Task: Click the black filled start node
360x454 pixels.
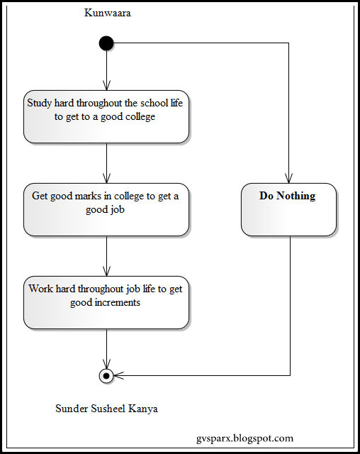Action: [106, 43]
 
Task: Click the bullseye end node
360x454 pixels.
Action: [106, 376]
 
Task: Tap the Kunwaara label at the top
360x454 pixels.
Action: [107, 13]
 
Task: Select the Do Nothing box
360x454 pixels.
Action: [288, 209]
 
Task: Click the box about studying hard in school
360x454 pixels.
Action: [106, 116]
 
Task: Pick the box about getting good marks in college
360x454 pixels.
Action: [106, 209]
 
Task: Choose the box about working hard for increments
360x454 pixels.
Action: [106, 303]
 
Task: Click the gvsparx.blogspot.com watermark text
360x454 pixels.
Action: [244, 438]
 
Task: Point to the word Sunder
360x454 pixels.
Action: [72, 409]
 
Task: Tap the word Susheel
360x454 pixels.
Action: [108, 409]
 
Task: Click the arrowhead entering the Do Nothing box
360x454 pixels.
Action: [288, 178]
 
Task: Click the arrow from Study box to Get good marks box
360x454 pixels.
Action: [106, 163]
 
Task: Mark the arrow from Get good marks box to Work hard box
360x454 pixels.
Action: [106, 256]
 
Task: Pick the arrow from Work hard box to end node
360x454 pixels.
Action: [106, 349]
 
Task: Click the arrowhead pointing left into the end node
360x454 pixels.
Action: [118, 375]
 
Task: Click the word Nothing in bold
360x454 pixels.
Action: [296, 196]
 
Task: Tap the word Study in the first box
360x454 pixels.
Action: [40, 103]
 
